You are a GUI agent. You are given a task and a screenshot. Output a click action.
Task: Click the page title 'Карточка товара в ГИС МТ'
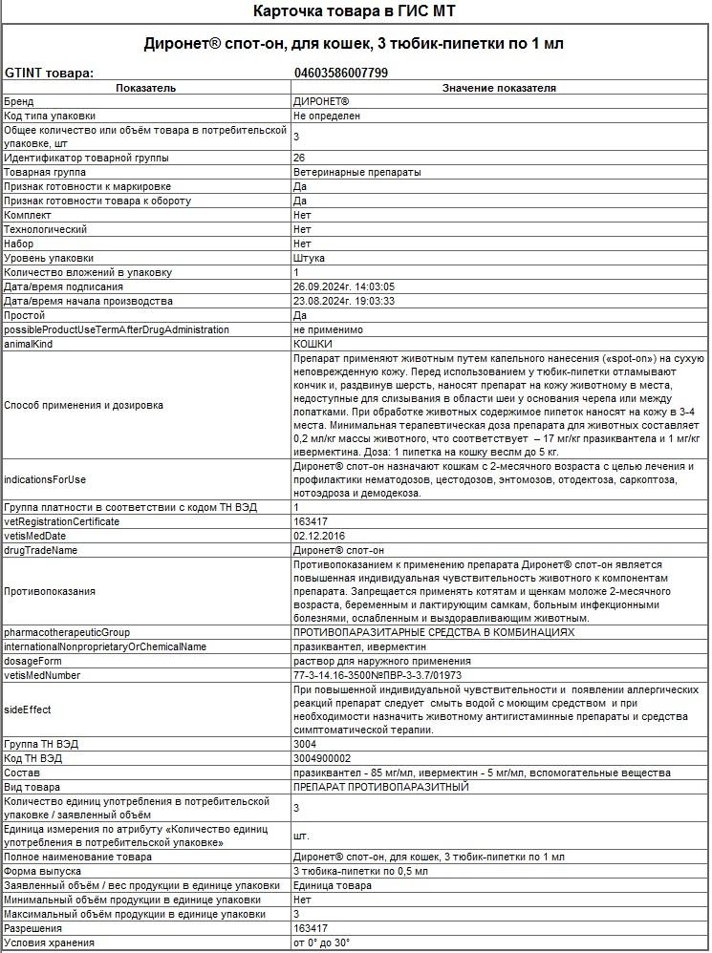point(355,11)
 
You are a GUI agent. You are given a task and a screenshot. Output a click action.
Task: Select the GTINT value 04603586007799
point(340,73)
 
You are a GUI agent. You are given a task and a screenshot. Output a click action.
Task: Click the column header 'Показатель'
point(145,88)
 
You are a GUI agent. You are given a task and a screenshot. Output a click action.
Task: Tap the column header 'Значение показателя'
point(499,88)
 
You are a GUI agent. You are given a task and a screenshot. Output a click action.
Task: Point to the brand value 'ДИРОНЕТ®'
point(321,101)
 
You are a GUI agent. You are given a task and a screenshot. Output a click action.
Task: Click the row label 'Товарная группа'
point(45,173)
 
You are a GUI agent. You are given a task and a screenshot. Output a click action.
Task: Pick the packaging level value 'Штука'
point(309,259)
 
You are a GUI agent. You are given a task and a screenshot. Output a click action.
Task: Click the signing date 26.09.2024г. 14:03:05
point(344,287)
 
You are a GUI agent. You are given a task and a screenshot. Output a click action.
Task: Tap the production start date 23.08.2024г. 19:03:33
point(344,302)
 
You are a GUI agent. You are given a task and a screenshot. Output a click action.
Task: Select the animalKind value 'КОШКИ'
point(313,345)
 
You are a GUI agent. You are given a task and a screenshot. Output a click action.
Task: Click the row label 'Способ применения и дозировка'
point(83,406)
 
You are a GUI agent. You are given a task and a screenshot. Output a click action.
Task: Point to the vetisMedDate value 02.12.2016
point(319,537)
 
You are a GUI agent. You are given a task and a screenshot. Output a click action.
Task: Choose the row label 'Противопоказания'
point(50,592)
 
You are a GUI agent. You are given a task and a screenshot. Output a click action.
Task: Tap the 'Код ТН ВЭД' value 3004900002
point(322,759)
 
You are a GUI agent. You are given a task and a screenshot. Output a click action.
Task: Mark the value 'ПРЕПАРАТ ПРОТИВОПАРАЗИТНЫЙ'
point(381,788)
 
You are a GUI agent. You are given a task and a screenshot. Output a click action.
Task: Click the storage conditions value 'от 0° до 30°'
point(321,943)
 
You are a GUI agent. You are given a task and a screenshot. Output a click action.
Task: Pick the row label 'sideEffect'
point(28,710)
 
